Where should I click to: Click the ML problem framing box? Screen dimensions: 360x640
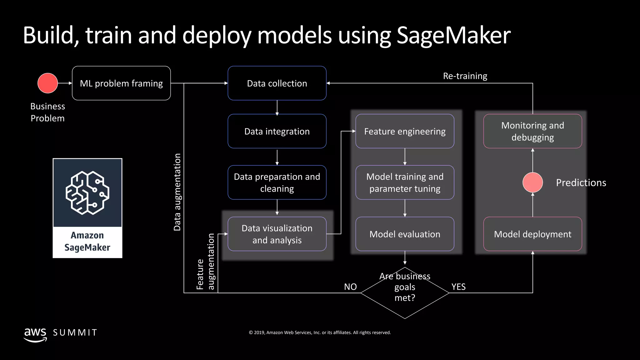tap(121, 83)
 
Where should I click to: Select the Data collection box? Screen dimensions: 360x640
tap(277, 83)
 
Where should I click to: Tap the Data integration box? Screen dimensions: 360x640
tap(277, 131)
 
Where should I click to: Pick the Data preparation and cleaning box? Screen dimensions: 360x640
tap(277, 182)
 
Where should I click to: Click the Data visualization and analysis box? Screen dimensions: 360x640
tap(277, 234)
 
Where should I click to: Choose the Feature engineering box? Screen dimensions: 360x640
tap(405, 131)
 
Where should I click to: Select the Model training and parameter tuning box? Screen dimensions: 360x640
tap(405, 182)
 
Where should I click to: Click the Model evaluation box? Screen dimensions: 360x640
tap(405, 234)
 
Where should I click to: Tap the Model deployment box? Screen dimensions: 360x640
tap(532, 234)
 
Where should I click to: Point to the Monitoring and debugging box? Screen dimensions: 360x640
tap(532, 131)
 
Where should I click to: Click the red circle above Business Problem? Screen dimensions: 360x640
tap(47, 83)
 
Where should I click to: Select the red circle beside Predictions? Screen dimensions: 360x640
tap(532, 182)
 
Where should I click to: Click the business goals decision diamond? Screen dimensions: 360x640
tap(405, 293)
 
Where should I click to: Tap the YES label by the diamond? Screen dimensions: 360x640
tap(458, 287)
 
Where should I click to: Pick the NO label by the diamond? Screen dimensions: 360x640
tap(350, 287)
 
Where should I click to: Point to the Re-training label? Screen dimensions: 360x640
tap(465, 76)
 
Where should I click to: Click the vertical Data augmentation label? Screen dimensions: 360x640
tap(177, 192)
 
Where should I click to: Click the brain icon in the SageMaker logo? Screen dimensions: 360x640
tap(87, 193)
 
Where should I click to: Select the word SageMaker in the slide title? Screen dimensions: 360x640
tap(453, 35)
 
